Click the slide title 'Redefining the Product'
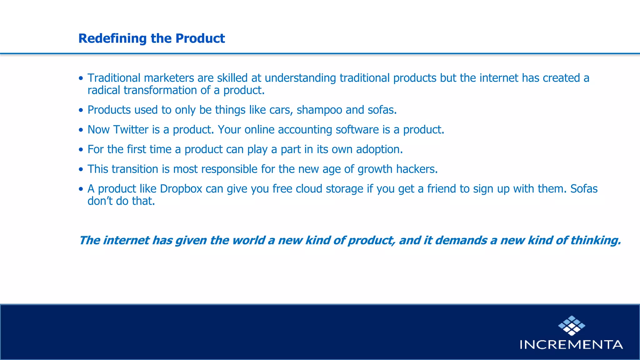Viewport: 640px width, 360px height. pos(152,38)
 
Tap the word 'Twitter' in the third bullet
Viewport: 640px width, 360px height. pos(131,130)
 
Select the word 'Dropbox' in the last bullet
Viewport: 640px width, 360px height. pos(181,189)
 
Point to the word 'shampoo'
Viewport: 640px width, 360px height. pos(319,110)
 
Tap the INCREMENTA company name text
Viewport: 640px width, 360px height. pos(571,345)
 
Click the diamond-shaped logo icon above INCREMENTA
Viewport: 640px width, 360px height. pos(572,326)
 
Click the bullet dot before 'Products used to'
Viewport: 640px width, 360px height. pos(81,110)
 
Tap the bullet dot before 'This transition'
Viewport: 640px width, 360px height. pos(81,169)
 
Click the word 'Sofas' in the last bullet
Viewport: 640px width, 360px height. pos(584,189)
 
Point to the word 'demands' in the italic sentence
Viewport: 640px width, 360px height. pos(461,240)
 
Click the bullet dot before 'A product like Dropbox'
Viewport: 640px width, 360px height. pos(81,189)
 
